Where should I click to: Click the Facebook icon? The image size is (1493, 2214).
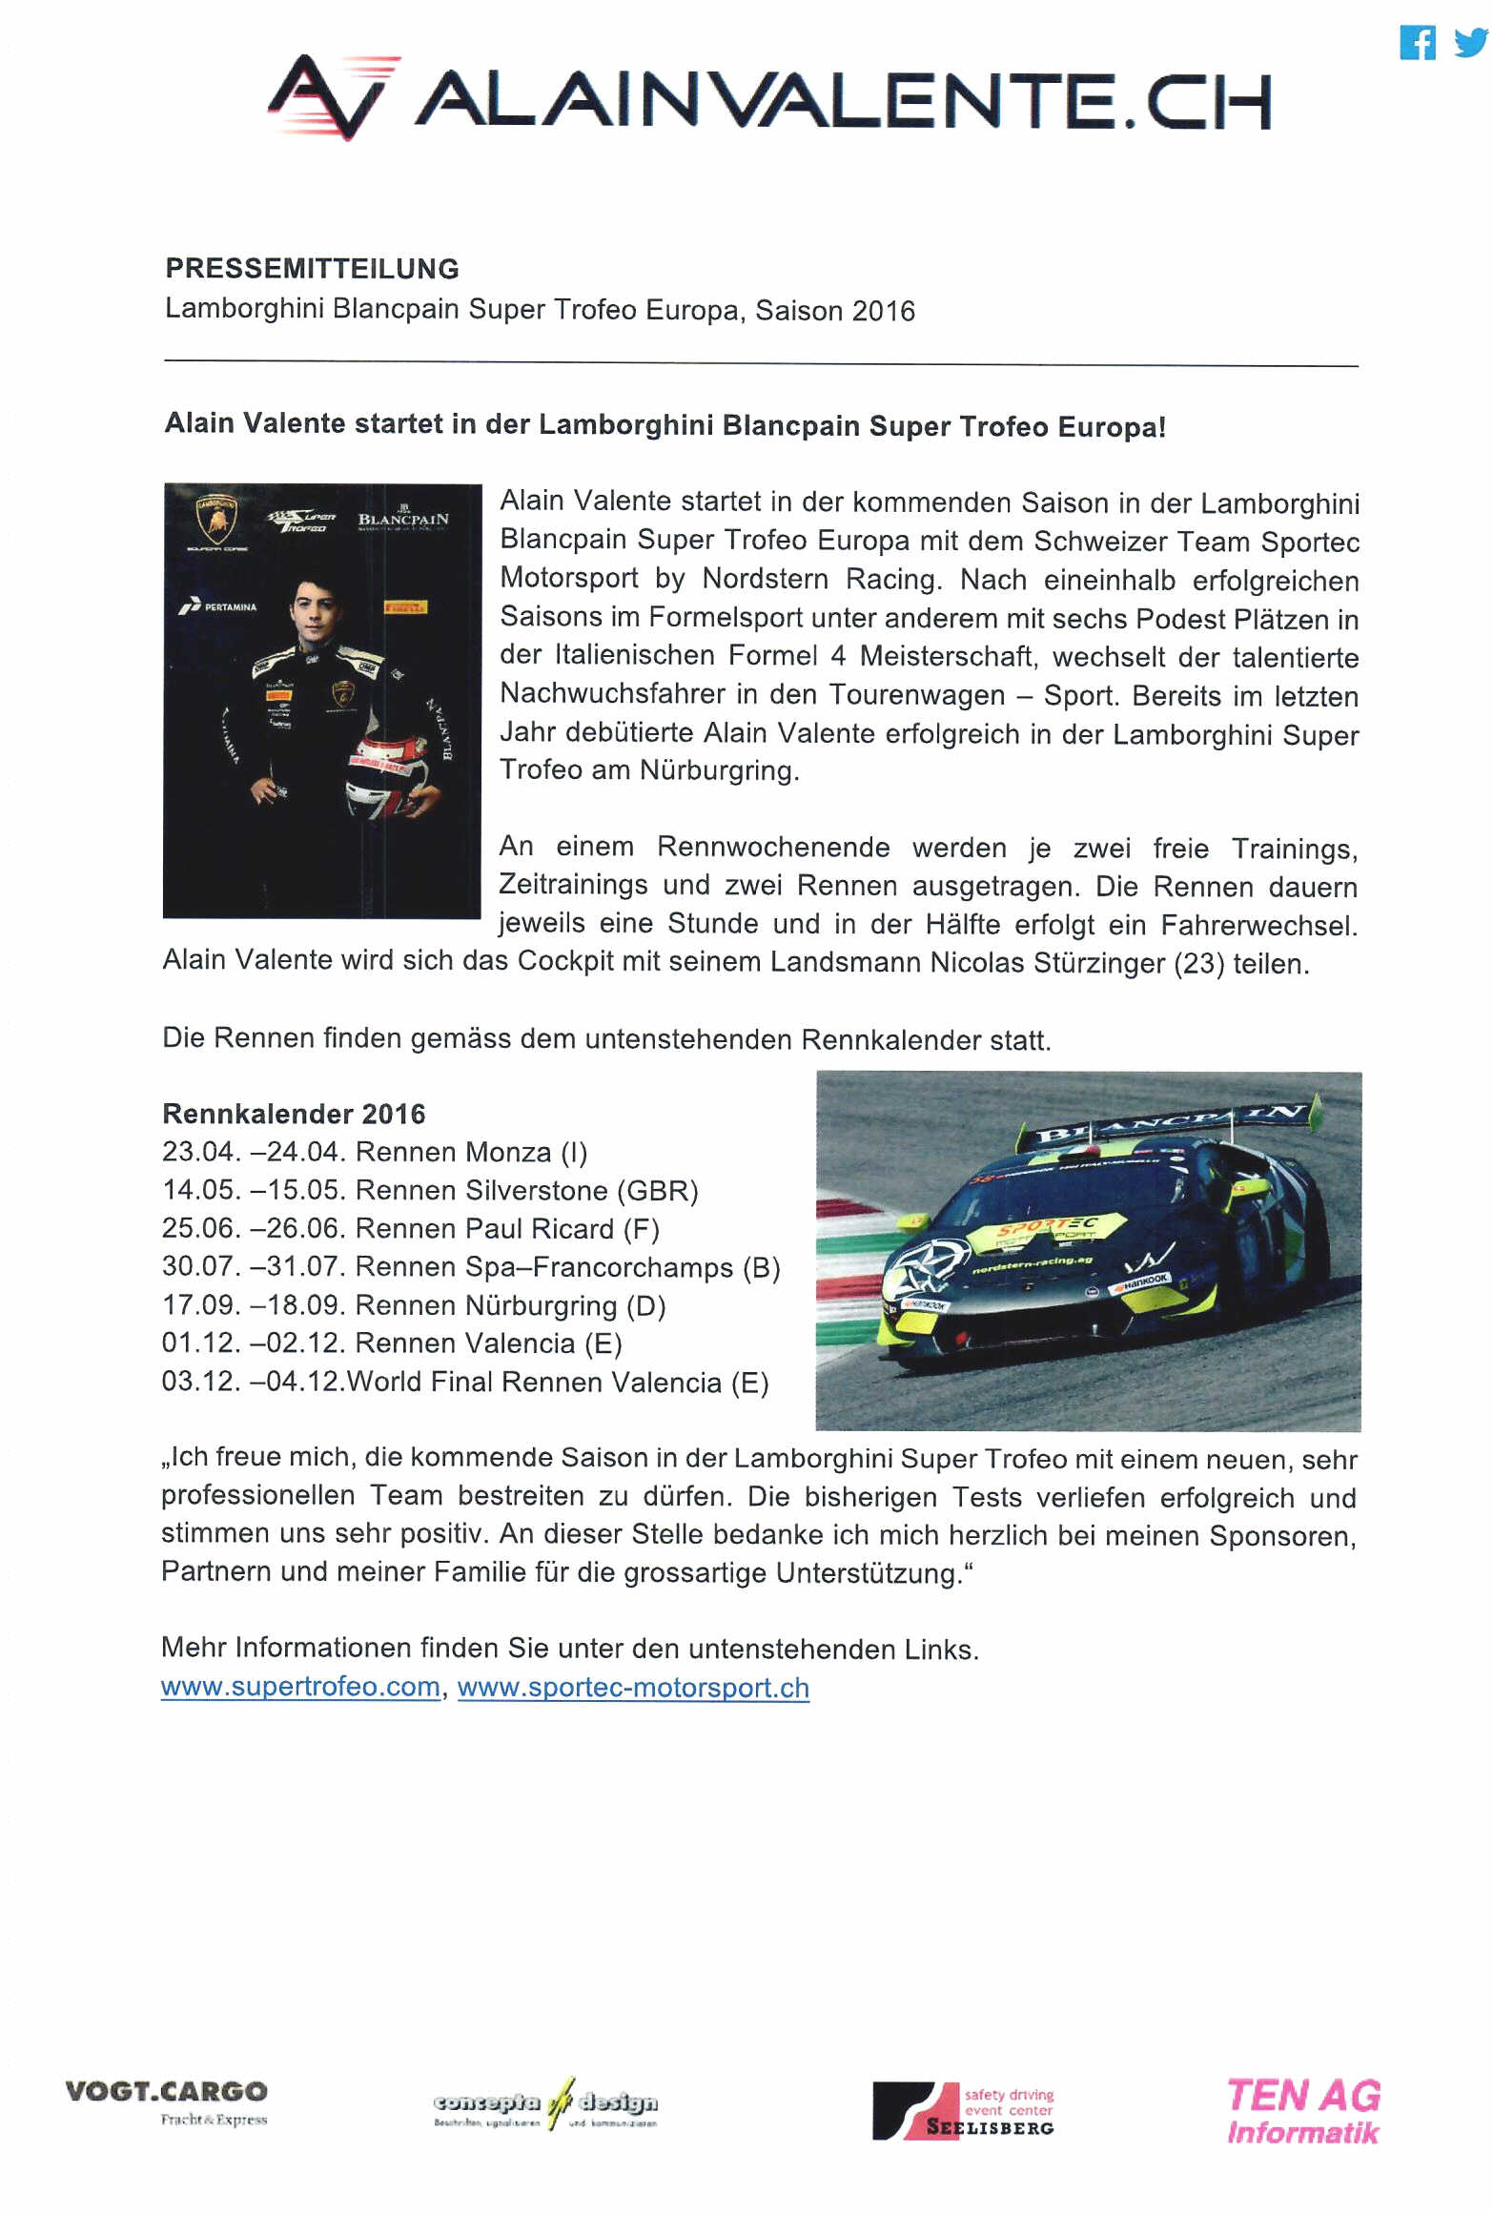click(1417, 43)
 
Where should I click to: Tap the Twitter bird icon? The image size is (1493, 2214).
click(1470, 42)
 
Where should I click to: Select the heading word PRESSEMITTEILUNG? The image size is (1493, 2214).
click(312, 269)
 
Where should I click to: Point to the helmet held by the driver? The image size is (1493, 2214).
click(386, 773)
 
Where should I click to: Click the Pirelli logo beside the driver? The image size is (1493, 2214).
click(405, 607)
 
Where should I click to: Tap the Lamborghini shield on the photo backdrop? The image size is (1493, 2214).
click(216, 520)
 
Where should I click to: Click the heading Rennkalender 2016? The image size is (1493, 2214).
click(294, 1114)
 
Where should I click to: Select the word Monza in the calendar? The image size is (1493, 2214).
click(508, 1153)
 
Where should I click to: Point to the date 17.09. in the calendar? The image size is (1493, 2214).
click(201, 1305)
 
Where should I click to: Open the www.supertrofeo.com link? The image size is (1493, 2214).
click(300, 1687)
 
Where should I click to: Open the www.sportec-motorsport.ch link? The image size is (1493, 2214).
click(633, 1688)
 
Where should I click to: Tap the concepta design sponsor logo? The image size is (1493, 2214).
click(544, 2103)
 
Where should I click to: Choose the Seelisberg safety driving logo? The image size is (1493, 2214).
click(963, 2110)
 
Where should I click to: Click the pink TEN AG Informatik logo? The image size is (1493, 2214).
click(1302, 2111)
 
